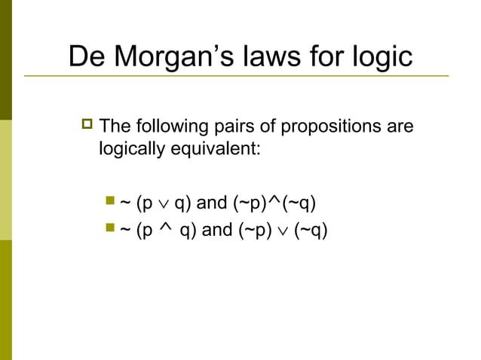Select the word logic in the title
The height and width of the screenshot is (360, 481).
tap(378, 57)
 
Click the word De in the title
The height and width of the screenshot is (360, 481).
tap(85, 57)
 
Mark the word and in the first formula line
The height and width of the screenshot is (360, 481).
tap(212, 203)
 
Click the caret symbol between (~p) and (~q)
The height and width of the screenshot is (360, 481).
tap(275, 200)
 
